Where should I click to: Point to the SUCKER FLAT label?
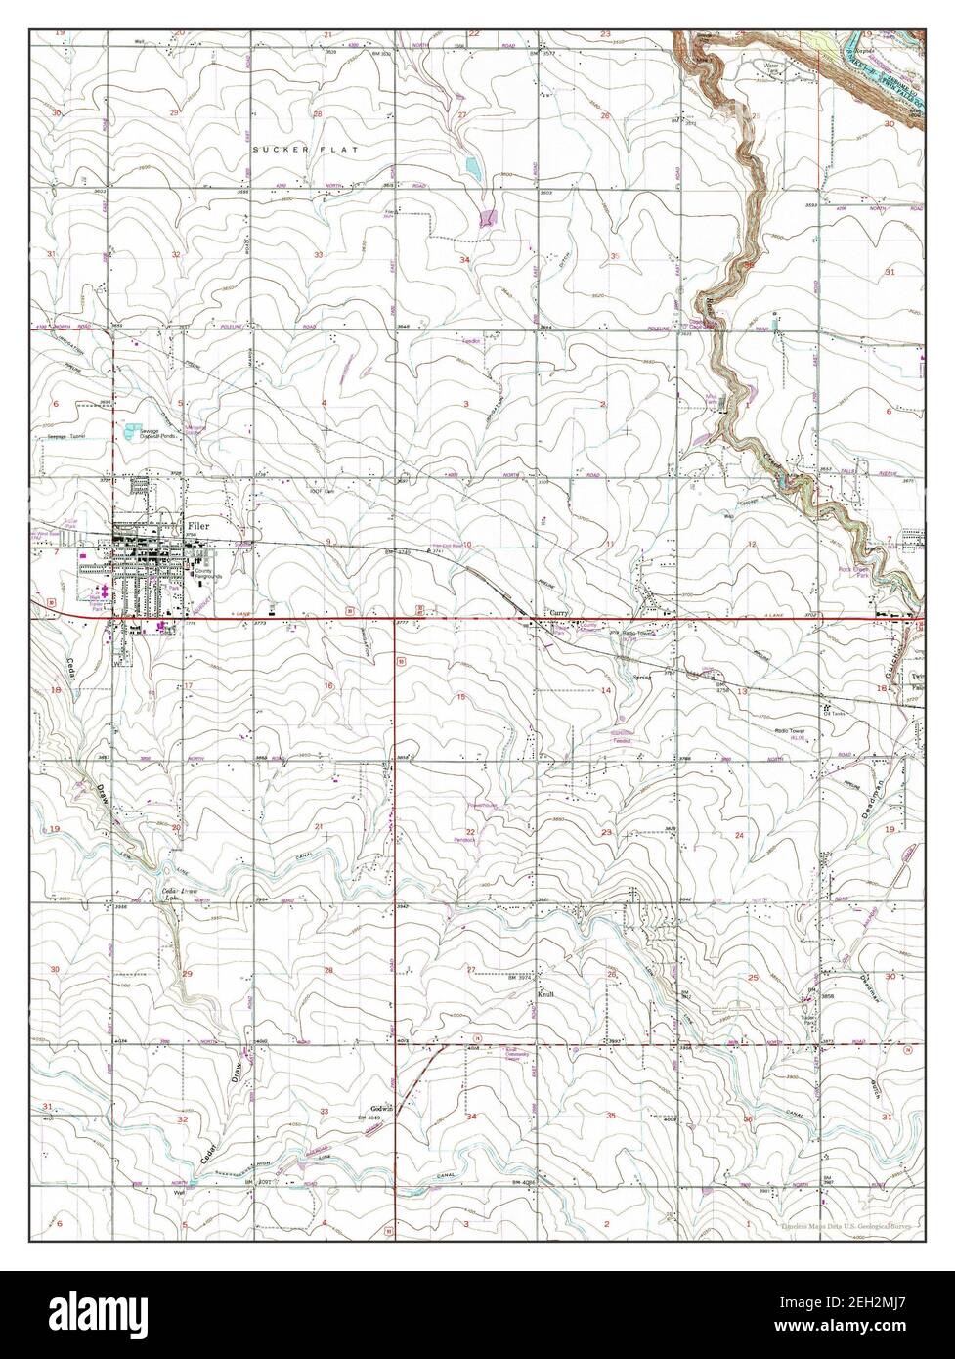pyautogui.click(x=304, y=150)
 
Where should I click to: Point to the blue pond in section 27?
pyautogui.click(x=473, y=167)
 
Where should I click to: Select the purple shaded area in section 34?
pyautogui.click(x=486, y=220)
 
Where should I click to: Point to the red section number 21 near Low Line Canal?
pyautogui.click(x=319, y=827)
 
